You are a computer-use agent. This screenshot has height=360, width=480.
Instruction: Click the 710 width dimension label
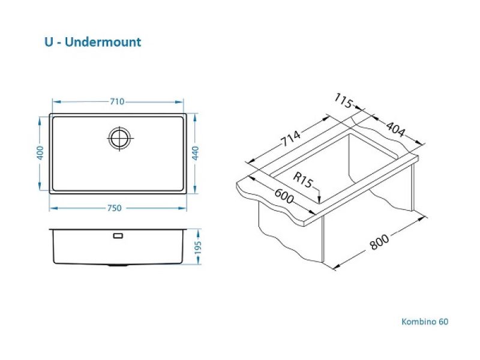point(117,101)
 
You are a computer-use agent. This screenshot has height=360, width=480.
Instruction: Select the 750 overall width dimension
point(115,208)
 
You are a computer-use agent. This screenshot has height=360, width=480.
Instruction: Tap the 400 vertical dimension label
point(40,153)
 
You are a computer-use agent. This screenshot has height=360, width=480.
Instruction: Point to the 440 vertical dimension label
point(196,153)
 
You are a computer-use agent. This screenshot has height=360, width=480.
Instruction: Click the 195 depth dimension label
point(198,247)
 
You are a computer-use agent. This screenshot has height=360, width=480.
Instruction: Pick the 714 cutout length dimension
point(290,139)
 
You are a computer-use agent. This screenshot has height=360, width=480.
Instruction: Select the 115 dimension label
point(343,100)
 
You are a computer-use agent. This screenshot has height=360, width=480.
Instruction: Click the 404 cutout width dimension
point(395,129)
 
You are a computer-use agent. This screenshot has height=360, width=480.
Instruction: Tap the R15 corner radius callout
point(303,180)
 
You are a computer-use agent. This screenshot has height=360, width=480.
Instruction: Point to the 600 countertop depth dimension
point(284,196)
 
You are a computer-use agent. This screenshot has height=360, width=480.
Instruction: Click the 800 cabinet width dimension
point(379,242)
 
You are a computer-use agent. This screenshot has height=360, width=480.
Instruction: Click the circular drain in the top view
point(119,138)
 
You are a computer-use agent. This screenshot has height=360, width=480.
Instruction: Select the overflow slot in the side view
point(118,236)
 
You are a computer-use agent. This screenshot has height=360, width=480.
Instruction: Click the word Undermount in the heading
point(103,42)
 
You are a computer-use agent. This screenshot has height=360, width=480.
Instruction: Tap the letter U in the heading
point(49,42)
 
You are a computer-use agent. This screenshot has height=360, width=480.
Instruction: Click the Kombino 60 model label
point(425,322)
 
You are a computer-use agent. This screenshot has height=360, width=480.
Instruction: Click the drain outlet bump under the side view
point(118,265)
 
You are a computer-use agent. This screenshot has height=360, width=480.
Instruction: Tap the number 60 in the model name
point(443,322)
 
